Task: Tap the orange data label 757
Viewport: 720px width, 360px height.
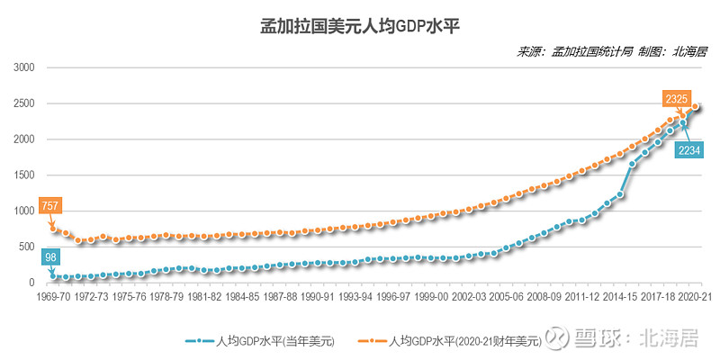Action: click(50, 206)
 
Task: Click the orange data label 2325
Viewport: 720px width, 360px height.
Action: click(676, 97)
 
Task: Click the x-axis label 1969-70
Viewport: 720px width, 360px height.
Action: click(54, 295)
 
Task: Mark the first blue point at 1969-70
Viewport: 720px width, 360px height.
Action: click(54, 276)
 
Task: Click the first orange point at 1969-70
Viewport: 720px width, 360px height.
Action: click(54, 229)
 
